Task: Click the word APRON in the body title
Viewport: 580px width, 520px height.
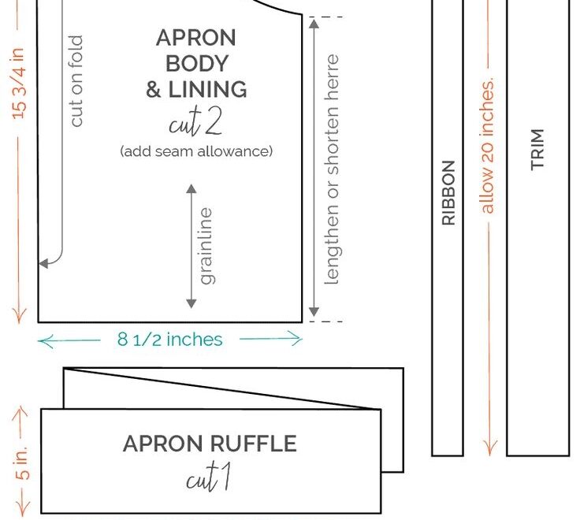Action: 195,38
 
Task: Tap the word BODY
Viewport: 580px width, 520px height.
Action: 197,64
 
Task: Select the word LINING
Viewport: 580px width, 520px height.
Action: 207,90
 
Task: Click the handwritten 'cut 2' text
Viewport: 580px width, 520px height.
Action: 195,121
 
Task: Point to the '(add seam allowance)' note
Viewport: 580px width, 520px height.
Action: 196,151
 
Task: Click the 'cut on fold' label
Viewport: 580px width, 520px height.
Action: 76,81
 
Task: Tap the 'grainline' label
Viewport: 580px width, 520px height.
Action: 206,246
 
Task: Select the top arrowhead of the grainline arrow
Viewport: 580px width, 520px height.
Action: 191,188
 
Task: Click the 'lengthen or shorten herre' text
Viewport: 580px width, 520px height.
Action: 332,169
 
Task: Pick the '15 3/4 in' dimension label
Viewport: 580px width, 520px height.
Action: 18,84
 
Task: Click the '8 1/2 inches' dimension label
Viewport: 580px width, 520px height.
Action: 169,339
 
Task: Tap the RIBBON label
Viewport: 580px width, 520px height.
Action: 448,193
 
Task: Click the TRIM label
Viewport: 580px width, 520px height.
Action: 537,150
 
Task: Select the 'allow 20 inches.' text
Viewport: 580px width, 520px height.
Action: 487,145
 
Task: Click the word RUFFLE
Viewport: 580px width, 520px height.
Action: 253,444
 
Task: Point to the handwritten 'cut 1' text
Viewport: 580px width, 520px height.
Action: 209,477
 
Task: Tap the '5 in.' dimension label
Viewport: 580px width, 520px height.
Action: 22,462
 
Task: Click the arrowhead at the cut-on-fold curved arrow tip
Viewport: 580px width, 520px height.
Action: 43,263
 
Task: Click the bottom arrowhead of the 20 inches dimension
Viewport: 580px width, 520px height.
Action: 489,448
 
